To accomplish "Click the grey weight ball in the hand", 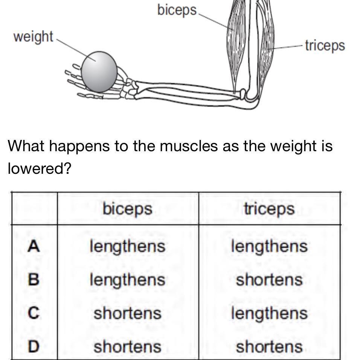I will (x=99, y=72).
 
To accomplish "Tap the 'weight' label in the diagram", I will (x=33, y=37).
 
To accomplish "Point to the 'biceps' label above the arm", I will (x=177, y=10).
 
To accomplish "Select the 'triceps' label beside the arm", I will (x=325, y=45).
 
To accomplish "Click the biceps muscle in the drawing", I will (x=234, y=41).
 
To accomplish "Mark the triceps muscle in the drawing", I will (x=268, y=45).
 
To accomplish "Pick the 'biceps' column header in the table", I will (x=127, y=209).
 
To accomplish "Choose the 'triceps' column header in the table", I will (x=269, y=209).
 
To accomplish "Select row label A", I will (x=34, y=246).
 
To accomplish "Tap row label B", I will (x=34, y=279).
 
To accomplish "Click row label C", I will (x=34, y=313).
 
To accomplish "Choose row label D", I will (x=34, y=346).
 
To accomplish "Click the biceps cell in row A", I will (x=127, y=246).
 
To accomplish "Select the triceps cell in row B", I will (x=269, y=279).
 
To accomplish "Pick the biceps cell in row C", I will (x=127, y=313).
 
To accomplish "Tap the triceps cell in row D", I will (x=269, y=346).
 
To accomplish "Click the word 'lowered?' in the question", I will (x=39, y=168).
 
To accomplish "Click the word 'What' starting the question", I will (x=26, y=146).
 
